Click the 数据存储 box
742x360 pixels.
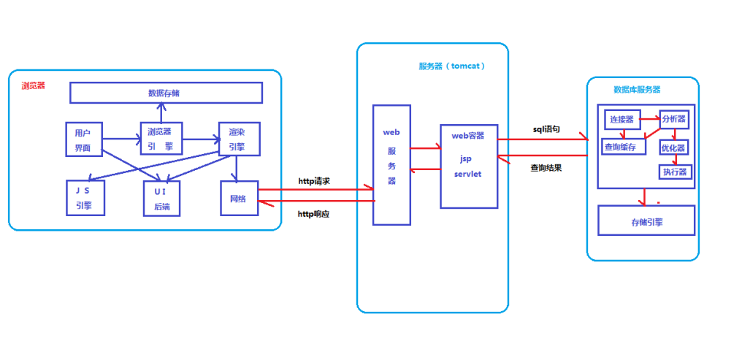(x=166, y=93)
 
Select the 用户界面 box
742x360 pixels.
(x=83, y=139)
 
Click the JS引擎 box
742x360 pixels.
(x=85, y=198)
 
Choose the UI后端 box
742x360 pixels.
(x=161, y=198)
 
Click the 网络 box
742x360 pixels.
(x=239, y=198)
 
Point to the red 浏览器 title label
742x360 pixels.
(x=33, y=85)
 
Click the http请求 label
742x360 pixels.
(x=314, y=180)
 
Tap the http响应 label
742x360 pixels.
(x=314, y=214)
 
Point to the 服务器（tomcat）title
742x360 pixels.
(x=452, y=66)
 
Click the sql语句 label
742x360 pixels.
(x=546, y=129)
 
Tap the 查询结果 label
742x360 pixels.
(x=546, y=166)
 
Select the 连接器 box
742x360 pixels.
(x=621, y=119)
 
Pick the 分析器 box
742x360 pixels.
(x=673, y=119)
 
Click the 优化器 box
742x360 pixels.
(x=673, y=147)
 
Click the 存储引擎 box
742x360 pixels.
(x=646, y=221)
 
